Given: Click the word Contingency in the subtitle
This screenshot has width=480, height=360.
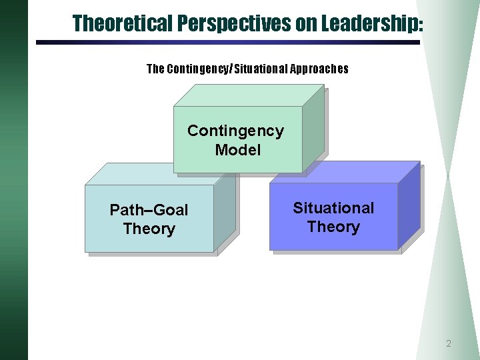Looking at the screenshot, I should pos(197,69).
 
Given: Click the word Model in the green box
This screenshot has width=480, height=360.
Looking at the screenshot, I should pos(238,150).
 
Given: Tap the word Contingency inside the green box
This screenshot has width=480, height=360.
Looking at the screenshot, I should pos(235,131).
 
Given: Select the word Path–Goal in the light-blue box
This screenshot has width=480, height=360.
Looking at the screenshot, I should pos(149,210).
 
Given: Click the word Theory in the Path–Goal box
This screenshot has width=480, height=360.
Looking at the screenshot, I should pos(149,229).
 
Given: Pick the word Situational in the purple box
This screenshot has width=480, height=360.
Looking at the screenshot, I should pos(333,208).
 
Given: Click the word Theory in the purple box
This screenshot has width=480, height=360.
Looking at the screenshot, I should pos(333,227).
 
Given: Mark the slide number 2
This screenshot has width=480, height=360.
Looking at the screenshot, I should pos(449,344).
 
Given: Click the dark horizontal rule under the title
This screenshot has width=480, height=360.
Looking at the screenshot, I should pos(227,43).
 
